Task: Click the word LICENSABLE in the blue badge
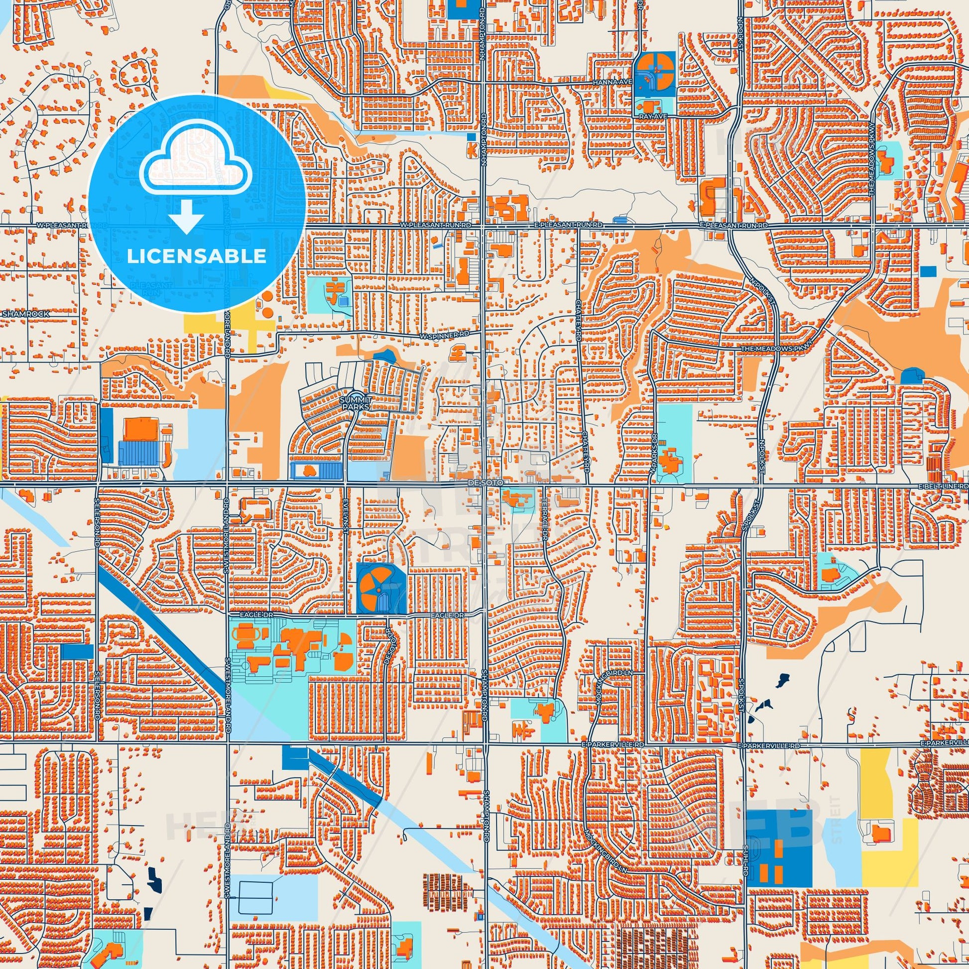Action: (x=196, y=256)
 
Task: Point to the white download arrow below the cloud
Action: (x=186, y=217)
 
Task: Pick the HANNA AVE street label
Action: (x=609, y=82)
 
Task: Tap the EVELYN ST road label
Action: (x=346, y=509)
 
